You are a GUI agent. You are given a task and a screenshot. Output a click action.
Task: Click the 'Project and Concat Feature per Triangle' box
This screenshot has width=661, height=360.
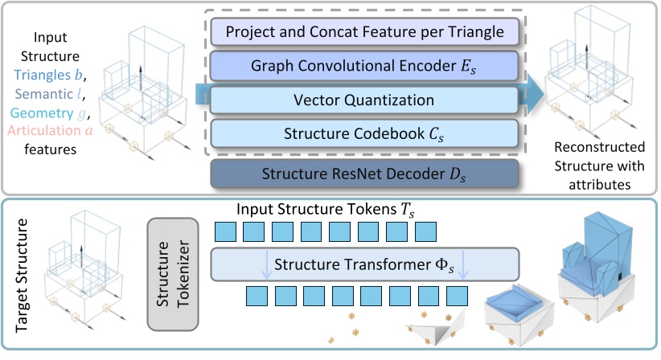point(366,33)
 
